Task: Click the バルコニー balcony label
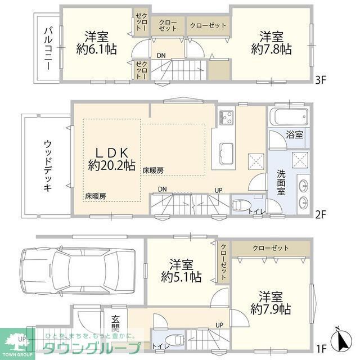48,48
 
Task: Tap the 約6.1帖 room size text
96,49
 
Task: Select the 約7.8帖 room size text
271,49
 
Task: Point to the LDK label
112,152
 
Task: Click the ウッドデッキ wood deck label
47,166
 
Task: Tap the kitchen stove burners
226,118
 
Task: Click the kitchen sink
226,154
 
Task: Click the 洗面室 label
281,182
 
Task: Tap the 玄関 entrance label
115,323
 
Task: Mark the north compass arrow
343,339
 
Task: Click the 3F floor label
321,80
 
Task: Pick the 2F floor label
321,214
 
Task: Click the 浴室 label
295,135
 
